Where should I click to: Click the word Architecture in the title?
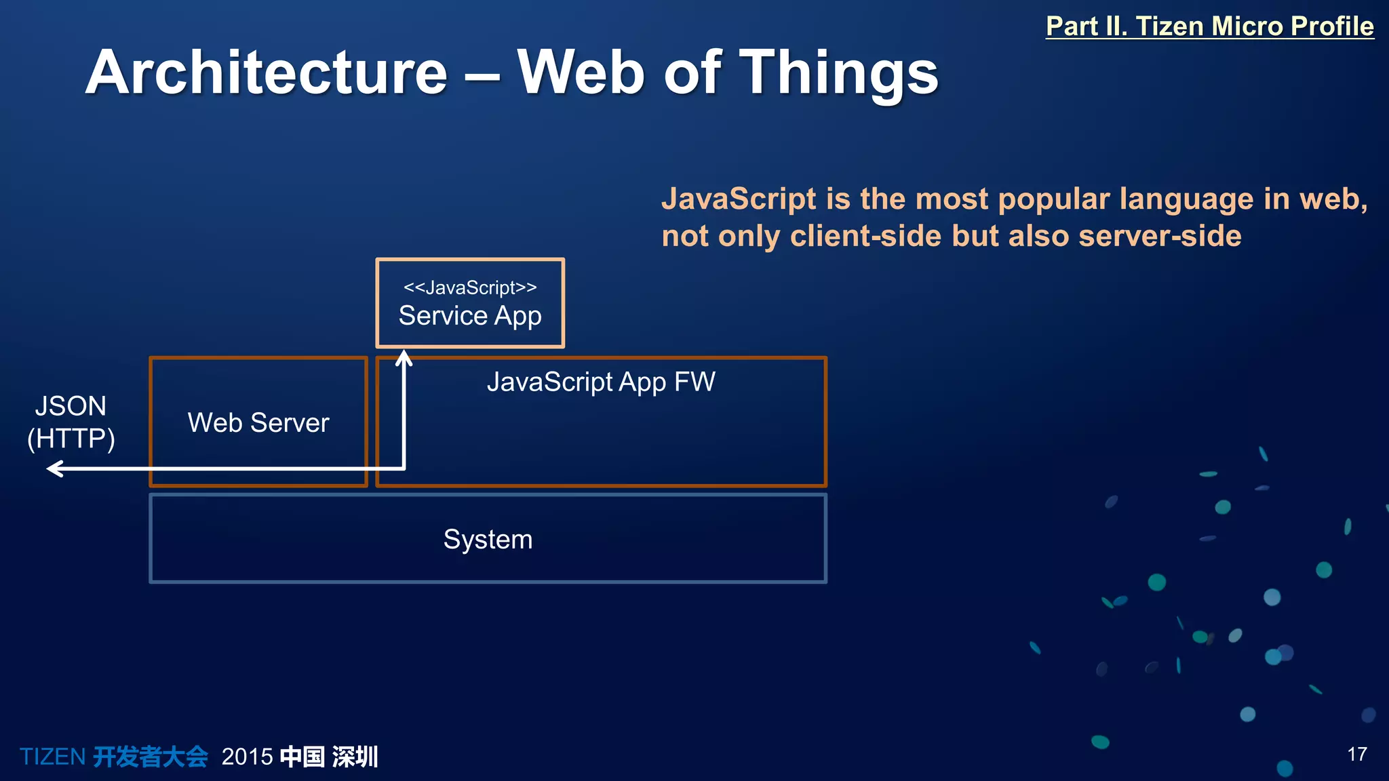(266, 73)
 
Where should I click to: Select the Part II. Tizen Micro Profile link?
(1209, 26)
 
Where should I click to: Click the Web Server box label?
(258, 423)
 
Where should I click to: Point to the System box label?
(488, 540)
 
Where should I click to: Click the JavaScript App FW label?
(601, 382)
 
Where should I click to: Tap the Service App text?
(470, 316)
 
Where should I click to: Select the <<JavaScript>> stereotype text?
(470, 287)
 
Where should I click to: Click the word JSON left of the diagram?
(71, 406)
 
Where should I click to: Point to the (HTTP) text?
(71, 438)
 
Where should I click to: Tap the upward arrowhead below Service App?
(404, 357)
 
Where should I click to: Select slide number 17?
(1356, 754)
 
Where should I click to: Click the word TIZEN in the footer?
(52, 757)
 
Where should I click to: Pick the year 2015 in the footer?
(247, 757)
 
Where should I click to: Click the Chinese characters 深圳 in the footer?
(355, 757)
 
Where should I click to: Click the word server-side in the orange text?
(1160, 236)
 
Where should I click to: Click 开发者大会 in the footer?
(151, 757)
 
